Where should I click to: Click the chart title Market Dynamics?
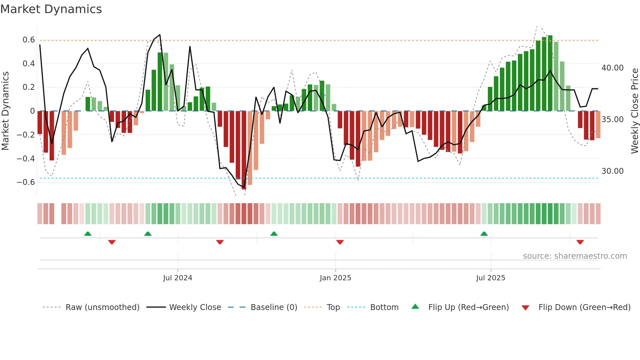pyautogui.click(x=51, y=9)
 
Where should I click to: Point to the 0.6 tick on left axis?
pyautogui.click(x=28, y=40)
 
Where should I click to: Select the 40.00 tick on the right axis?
pyautogui.click(x=612, y=68)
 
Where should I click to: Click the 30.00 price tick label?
pyautogui.click(x=612, y=171)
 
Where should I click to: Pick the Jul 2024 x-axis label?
pyautogui.click(x=178, y=278)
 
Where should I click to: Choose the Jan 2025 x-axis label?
pyautogui.click(x=335, y=278)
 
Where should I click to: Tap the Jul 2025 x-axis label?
pyautogui.click(x=490, y=278)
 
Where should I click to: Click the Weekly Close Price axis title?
pyautogui.click(x=634, y=111)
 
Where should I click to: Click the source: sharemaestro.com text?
pyautogui.click(x=575, y=256)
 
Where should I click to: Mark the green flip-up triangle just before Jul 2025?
pyautogui.click(x=484, y=234)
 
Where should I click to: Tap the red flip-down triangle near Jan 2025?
pyautogui.click(x=340, y=242)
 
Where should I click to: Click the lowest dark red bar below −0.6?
pyautogui.click(x=244, y=150)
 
